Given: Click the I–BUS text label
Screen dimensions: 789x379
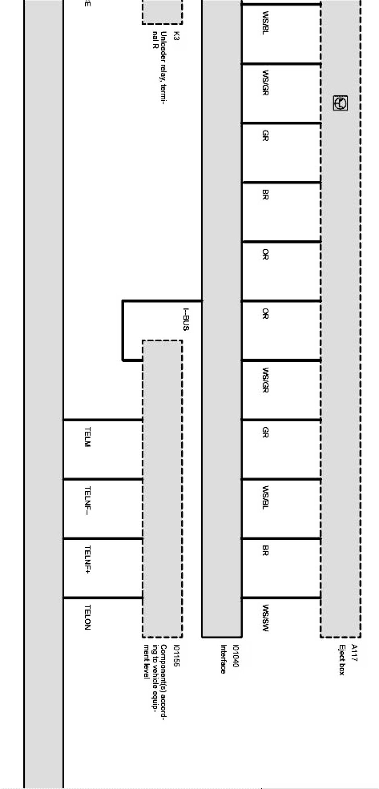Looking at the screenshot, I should pyautogui.click(x=186, y=319).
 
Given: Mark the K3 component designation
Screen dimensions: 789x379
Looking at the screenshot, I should pyautogui.click(x=176, y=36).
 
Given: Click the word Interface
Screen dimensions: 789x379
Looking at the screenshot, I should pyautogui.click(x=223, y=659).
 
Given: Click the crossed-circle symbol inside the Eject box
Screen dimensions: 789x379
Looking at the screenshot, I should pyautogui.click(x=341, y=103).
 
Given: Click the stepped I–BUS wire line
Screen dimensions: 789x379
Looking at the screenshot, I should pyautogui.click(x=123, y=330).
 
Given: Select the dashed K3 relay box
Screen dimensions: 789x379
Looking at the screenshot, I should pyautogui.click(x=162, y=11).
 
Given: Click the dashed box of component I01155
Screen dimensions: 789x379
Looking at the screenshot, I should pyautogui.click(x=162, y=488).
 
